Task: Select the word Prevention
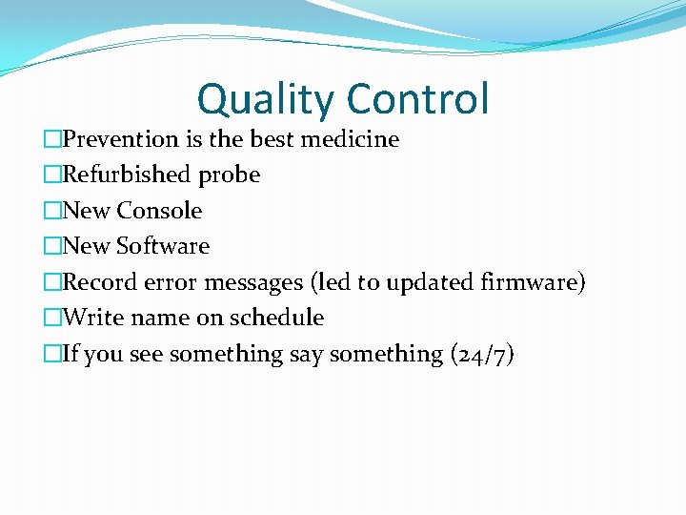tap(121, 139)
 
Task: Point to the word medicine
tap(350, 139)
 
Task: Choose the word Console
tap(159, 211)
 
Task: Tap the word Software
tap(163, 246)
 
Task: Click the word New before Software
tap(87, 246)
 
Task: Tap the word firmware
tap(534, 282)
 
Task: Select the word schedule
tap(277, 318)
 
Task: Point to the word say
tap(306, 356)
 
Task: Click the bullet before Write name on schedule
tap(51, 318)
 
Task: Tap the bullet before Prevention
tap(51, 139)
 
